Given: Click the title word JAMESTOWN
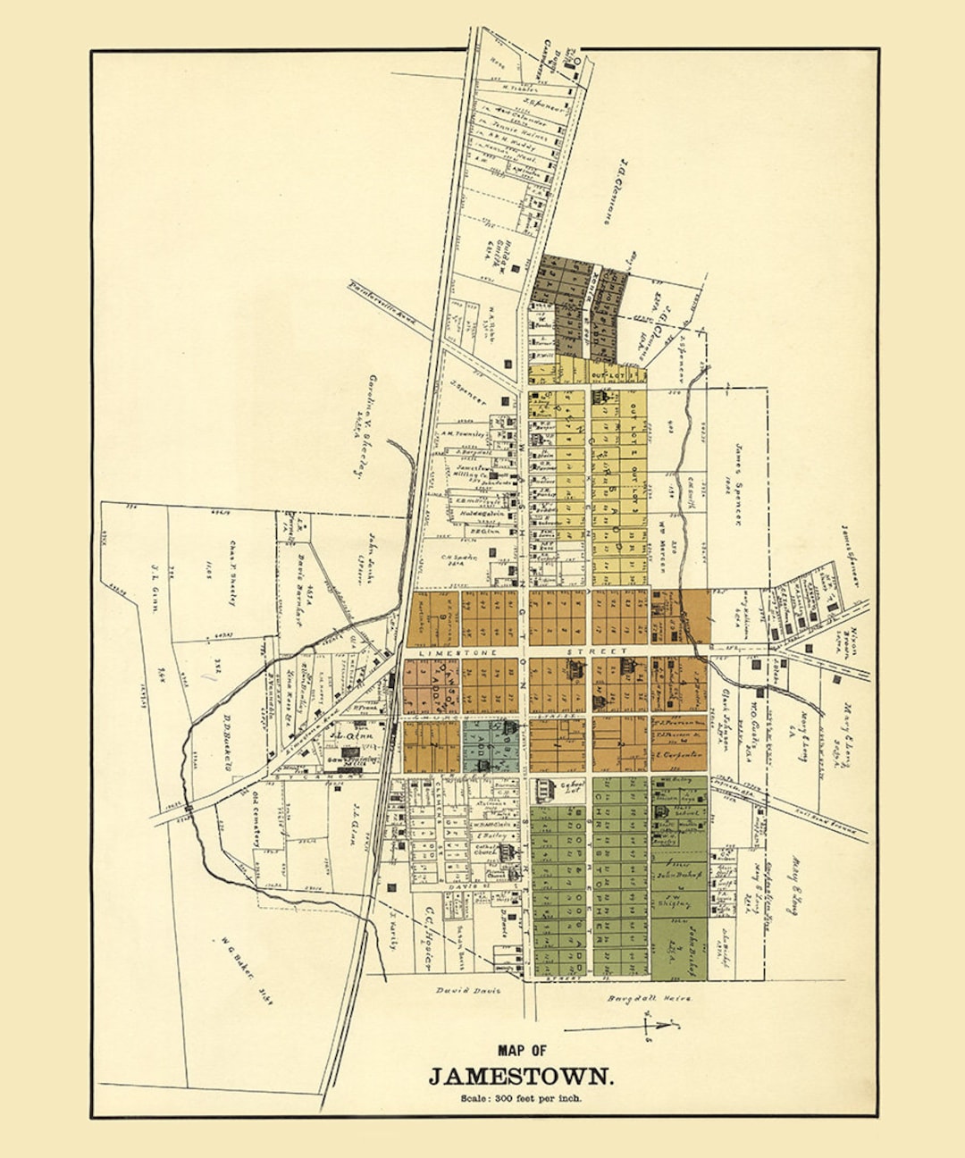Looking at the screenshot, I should coord(522,1076).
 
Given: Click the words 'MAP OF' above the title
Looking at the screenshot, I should coord(522,1051).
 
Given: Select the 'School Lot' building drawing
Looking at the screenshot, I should coord(542,789).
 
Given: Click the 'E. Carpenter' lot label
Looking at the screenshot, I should coord(679,755).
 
